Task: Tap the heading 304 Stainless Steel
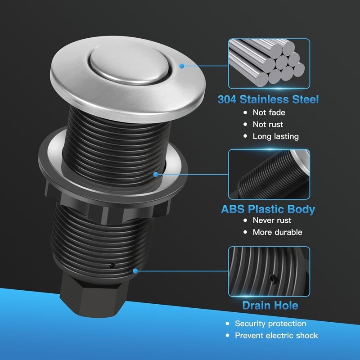(x=269, y=99)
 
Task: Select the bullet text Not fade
(x=269, y=112)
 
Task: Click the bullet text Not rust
(x=268, y=124)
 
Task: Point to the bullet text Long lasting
(x=275, y=136)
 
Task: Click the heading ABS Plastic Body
(x=268, y=209)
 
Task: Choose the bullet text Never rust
(x=272, y=220)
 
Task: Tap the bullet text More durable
(x=277, y=232)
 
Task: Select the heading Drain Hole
(x=270, y=306)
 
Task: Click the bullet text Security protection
(x=270, y=324)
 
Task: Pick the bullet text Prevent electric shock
(x=276, y=335)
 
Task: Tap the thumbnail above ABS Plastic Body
(x=269, y=174)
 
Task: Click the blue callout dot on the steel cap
(x=181, y=66)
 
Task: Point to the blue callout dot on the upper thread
(x=156, y=174)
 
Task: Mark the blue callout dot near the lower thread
(x=135, y=271)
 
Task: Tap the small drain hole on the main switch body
(x=113, y=264)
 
